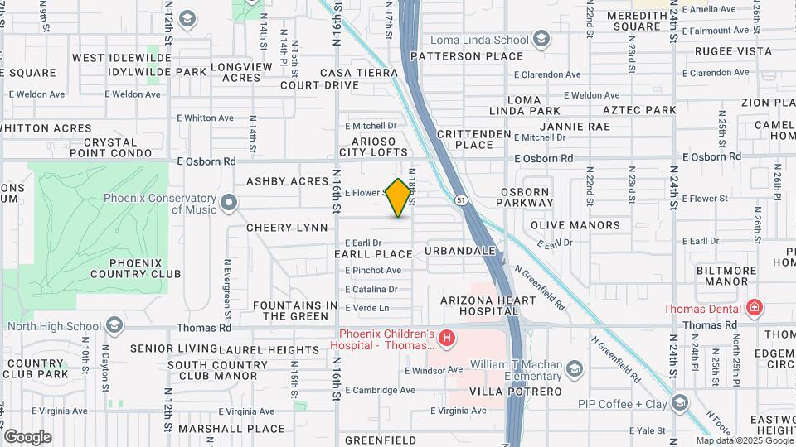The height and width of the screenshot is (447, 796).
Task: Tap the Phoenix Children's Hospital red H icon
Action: [x=447, y=338]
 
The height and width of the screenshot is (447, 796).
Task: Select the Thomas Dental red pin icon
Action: [x=754, y=309]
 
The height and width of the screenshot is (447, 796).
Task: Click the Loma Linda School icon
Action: [x=541, y=39]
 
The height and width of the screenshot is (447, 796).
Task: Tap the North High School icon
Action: [x=114, y=325]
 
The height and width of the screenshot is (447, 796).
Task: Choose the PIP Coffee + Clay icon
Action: [x=680, y=403]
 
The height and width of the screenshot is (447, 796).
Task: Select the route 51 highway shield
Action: [x=461, y=199]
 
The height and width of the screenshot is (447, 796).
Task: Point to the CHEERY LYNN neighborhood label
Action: [x=287, y=228]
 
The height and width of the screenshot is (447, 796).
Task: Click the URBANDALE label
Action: [x=460, y=250]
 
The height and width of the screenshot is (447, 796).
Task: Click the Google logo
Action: [x=27, y=437]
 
